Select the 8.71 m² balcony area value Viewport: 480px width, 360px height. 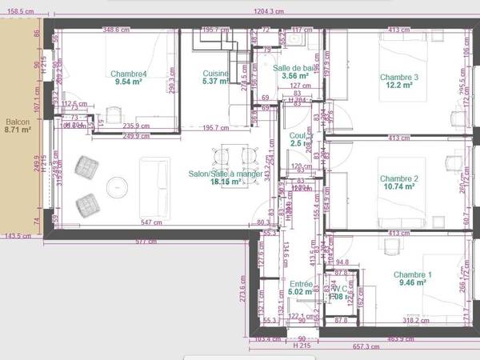(17, 129)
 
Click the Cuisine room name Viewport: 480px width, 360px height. (216, 74)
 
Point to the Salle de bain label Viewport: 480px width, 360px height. (298, 68)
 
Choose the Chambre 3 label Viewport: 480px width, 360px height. (399, 77)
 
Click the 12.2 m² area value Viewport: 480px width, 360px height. (399, 85)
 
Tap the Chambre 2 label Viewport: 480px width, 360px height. (399, 178)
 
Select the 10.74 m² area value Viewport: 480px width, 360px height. (399, 186)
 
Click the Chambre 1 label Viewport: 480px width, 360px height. (412, 274)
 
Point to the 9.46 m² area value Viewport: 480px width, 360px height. (412, 282)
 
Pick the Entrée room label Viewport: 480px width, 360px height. (301, 284)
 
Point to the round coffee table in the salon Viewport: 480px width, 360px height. (118, 187)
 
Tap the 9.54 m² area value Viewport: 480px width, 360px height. (127, 82)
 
